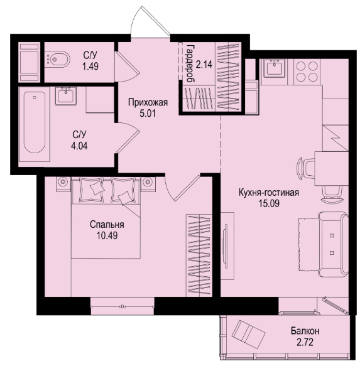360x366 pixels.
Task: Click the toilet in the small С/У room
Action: click(x=57, y=60)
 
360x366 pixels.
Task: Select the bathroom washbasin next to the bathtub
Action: click(x=66, y=95)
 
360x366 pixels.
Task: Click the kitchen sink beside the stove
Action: click(x=275, y=68)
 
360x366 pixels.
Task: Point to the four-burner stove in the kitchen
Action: click(x=307, y=72)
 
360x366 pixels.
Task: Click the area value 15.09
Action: click(x=269, y=203)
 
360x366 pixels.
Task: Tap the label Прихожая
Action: click(x=148, y=102)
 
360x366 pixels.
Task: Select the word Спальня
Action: click(x=107, y=225)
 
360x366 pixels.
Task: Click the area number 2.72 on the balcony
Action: click(x=305, y=342)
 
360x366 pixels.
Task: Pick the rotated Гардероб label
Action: click(x=190, y=63)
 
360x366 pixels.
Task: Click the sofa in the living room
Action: click(x=333, y=244)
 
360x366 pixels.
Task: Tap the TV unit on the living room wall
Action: click(x=227, y=246)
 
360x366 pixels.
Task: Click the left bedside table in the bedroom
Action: click(x=63, y=184)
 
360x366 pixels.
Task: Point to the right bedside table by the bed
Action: click(x=148, y=184)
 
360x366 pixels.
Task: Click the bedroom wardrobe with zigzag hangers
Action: click(x=199, y=256)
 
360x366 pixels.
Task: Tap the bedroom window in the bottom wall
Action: click(x=122, y=306)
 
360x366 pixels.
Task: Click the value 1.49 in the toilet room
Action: click(x=90, y=67)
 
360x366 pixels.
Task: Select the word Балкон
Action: click(x=305, y=331)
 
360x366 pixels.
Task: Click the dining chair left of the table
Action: click(x=306, y=168)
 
